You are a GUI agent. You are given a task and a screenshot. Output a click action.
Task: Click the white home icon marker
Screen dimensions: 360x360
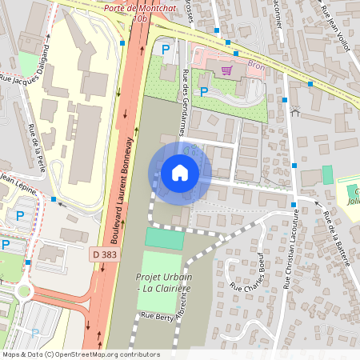[180, 173]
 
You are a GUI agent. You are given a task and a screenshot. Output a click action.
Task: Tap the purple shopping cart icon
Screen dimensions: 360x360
[227, 70]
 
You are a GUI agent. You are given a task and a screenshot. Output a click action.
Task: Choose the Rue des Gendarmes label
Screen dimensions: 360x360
[187, 103]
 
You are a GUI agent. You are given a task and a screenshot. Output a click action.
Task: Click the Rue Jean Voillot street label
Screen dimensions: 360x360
[336, 29]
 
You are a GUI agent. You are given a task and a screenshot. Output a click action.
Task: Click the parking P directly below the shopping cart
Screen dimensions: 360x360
[204, 92]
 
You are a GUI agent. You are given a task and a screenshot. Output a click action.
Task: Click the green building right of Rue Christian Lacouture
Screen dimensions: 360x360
[326, 174]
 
